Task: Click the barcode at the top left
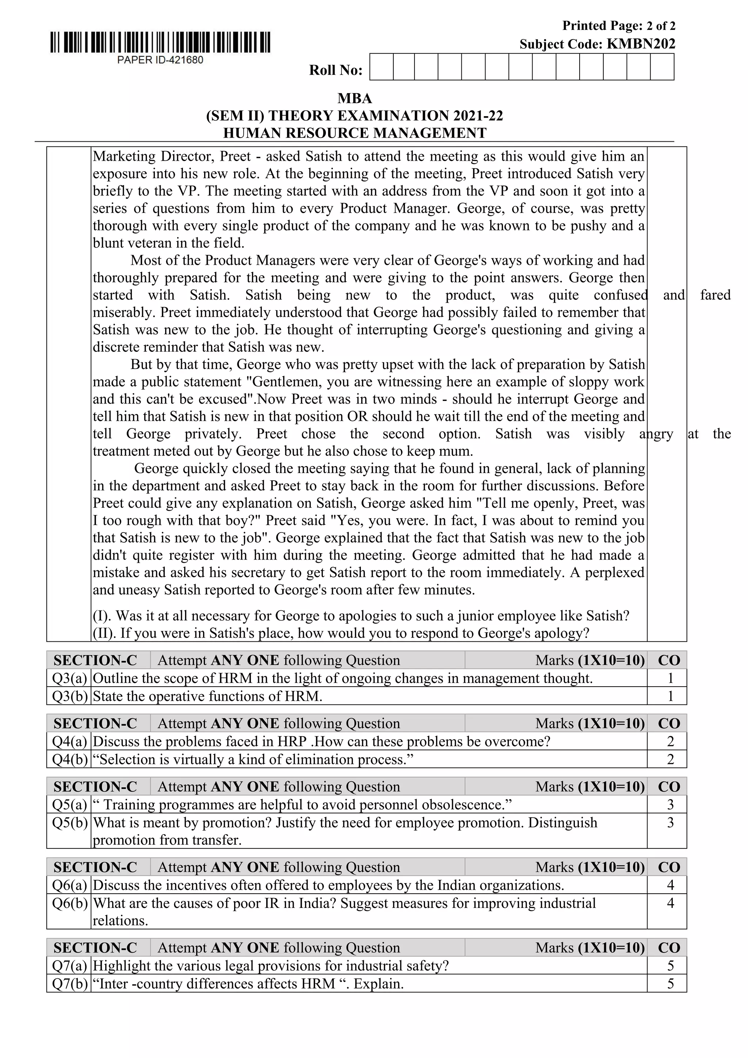tap(160, 43)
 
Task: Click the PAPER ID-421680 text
tap(160, 60)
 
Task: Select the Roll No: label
tap(336, 70)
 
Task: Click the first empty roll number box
tap(382, 67)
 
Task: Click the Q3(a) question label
tap(69, 678)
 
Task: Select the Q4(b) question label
tap(69, 759)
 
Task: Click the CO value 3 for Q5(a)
tap(670, 805)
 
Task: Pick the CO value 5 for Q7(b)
tap(670, 984)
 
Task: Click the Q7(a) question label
tap(69, 966)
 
